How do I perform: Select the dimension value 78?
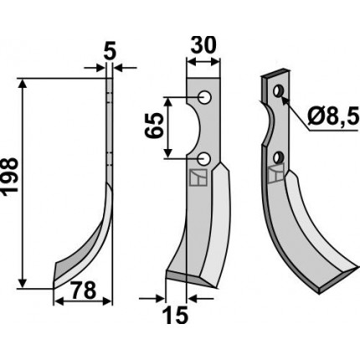83,290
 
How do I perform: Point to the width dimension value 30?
203,45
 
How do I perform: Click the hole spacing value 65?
154,126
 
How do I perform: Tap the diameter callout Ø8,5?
332,117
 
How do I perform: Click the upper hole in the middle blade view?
204,97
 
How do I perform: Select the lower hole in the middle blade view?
204,159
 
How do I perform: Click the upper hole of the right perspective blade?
278,91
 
